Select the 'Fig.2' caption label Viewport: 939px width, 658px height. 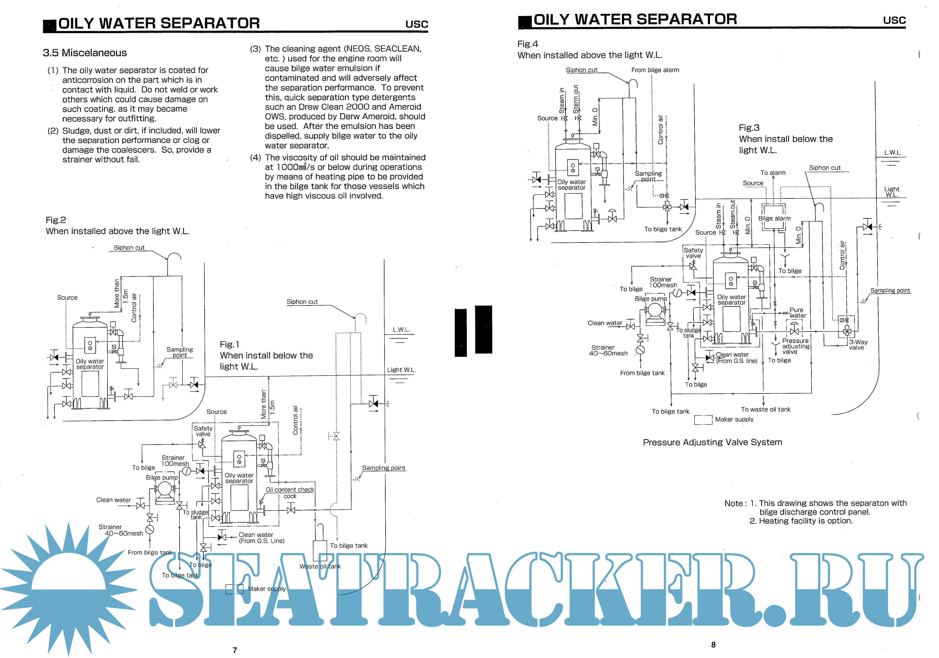click(56, 220)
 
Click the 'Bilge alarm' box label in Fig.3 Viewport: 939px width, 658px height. click(774, 218)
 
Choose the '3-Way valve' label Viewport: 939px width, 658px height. click(858, 345)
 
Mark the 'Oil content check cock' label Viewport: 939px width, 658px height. click(290, 493)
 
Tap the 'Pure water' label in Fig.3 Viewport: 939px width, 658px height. click(797, 313)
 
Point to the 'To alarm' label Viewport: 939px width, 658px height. click(773, 173)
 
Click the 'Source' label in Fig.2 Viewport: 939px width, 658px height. click(67, 298)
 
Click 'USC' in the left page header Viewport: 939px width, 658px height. click(416, 24)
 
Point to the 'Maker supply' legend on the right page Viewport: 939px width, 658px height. click(734, 419)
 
